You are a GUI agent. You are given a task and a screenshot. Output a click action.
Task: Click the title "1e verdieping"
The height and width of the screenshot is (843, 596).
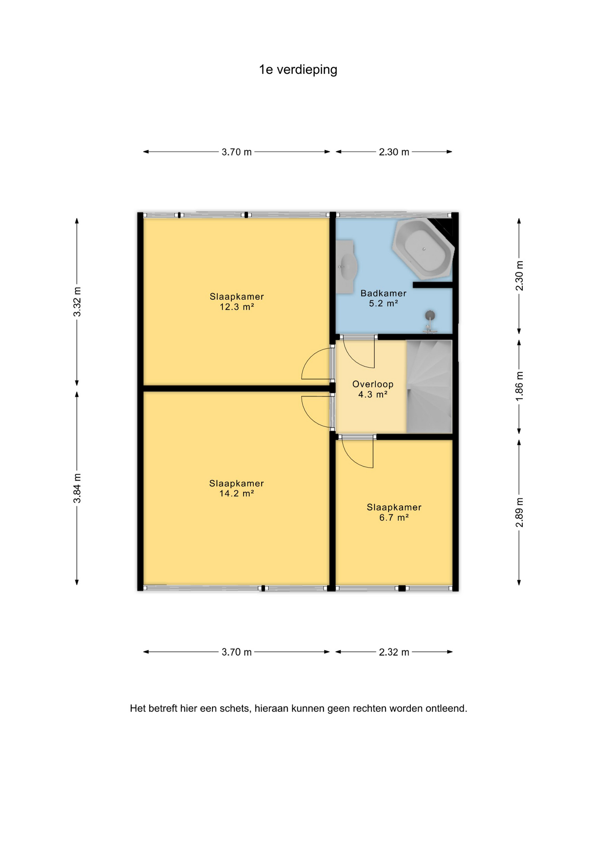pyautogui.click(x=298, y=70)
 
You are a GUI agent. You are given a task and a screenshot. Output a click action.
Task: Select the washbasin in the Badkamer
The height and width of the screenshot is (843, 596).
pyautogui.click(x=347, y=267)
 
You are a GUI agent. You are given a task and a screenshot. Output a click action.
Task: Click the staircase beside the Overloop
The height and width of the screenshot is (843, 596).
pyautogui.click(x=429, y=387)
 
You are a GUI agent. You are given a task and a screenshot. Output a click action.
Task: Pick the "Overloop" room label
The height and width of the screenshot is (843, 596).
pyautogui.click(x=373, y=384)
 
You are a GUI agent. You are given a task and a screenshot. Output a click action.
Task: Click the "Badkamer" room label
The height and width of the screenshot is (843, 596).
pyautogui.click(x=383, y=293)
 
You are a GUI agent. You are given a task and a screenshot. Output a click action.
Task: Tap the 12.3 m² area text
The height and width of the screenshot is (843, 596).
pyautogui.click(x=237, y=307)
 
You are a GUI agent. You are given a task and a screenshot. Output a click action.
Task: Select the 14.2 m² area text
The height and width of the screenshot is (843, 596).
pyautogui.click(x=237, y=494)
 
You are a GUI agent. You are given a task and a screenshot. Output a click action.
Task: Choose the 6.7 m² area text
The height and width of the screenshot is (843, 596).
pyautogui.click(x=394, y=518)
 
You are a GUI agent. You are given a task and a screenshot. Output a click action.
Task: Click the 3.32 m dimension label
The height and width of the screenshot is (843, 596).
pyautogui.click(x=77, y=302)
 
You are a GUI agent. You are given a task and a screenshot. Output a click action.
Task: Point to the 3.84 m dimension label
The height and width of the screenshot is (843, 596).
pyautogui.click(x=77, y=488)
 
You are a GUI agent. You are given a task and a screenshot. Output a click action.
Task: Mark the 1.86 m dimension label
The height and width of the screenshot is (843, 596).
pyautogui.click(x=519, y=386)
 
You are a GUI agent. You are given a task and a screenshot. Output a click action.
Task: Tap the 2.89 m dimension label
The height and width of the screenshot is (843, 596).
pyautogui.click(x=519, y=512)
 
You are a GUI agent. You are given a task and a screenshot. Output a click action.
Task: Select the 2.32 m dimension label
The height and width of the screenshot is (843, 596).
pyautogui.click(x=394, y=652)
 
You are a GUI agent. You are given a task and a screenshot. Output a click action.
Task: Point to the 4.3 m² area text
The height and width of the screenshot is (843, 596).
pyautogui.click(x=373, y=395)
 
